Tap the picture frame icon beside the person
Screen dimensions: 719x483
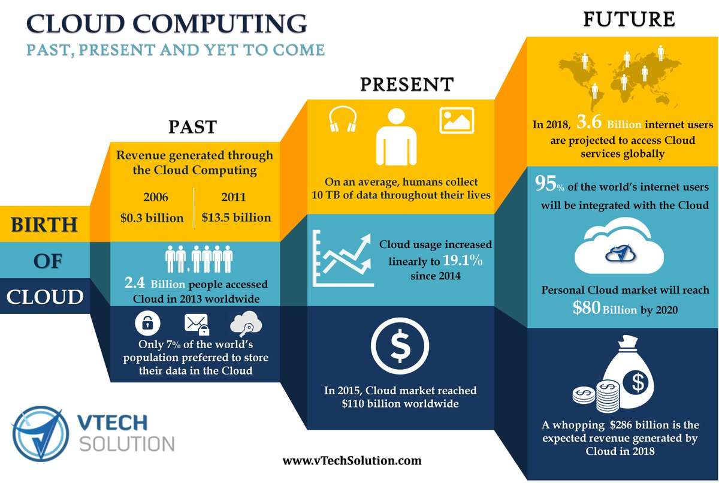pyautogui.click(x=457, y=120)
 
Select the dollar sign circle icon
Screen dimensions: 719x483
pyautogui.click(x=400, y=346)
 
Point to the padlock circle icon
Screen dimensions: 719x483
pyautogui.click(x=147, y=323)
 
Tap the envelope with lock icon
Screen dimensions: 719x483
pyautogui.click(x=197, y=324)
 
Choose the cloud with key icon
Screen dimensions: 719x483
pyautogui.click(x=246, y=323)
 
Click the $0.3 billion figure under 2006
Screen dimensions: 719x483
pyautogui.click(x=152, y=218)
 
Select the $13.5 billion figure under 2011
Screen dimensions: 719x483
pyautogui.click(x=236, y=218)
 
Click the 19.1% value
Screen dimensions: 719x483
pyautogui.click(x=463, y=260)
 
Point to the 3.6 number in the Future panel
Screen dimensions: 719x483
pyautogui.click(x=588, y=122)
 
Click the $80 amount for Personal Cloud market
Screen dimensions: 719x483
pyautogui.click(x=587, y=307)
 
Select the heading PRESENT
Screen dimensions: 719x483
pyautogui.click(x=407, y=84)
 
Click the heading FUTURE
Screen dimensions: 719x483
pyautogui.click(x=629, y=19)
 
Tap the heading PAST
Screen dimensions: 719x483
pyautogui.click(x=192, y=127)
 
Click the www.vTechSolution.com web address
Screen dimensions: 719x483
pyautogui.click(x=352, y=461)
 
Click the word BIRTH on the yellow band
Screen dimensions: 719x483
pyautogui.click(x=44, y=224)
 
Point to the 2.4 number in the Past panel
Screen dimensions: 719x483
pyautogui.click(x=134, y=283)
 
